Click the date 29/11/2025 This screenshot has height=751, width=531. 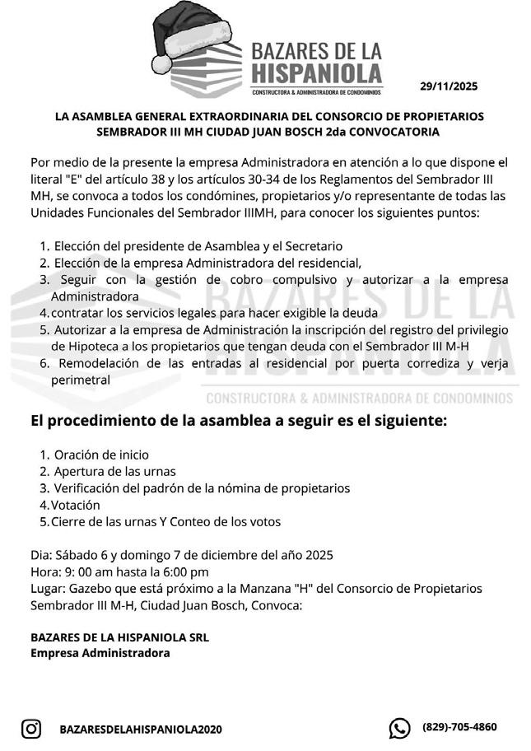pyautogui.click(x=448, y=86)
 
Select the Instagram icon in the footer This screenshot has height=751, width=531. pyautogui.click(x=31, y=728)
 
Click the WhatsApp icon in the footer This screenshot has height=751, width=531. pyautogui.click(x=399, y=728)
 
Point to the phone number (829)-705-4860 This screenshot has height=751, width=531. pyautogui.click(x=459, y=727)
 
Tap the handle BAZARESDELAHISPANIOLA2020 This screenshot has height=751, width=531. pyautogui.click(x=141, y=729)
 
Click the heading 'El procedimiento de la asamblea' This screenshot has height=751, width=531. pyautogui.click(x=239, y=421)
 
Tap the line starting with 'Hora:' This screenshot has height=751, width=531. pyautogui.click(x=119, y=571)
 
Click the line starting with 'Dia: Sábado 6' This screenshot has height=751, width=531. pyautogui.click(x=181, y=555)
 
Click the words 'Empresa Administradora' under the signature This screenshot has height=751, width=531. pyautogui.click(x=100, y=653)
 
